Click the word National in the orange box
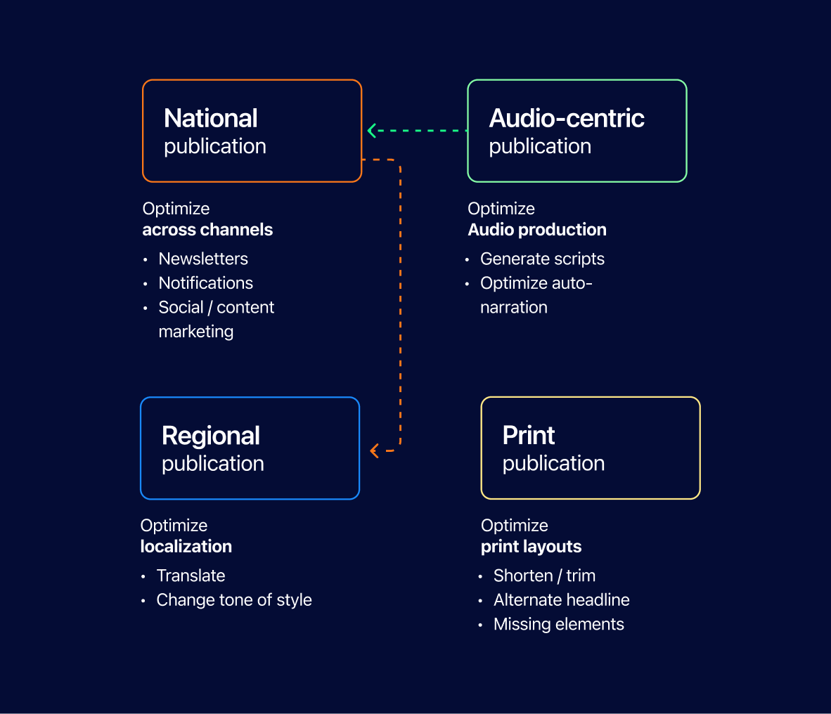click(x=210, y=118)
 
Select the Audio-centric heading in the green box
click(x=567, y=118)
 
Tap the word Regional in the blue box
click(x=211, y=436)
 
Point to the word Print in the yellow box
click(x=529, y=436)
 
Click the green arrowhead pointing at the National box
click(x=371, y=130)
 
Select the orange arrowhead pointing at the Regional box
click(x=374, y=450)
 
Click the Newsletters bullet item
click(x=203, y=259)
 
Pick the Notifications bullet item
click(x=205, y=283)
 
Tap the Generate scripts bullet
click(x=542, y=259)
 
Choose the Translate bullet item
click(x=191, y=576)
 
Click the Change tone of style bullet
click(x=233, y=599)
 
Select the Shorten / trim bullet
click(x=544, y=576)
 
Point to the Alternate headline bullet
click(x=561, y=599)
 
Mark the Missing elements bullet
click(x=559, y=624)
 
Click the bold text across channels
click(x=207, y=229)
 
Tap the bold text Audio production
click(x=537, y=229)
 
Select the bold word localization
click(x=186, y=546)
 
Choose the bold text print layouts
click(x=531, y=546)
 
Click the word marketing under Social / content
click(x=196, y=332)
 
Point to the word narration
click(x=513, y=307)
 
